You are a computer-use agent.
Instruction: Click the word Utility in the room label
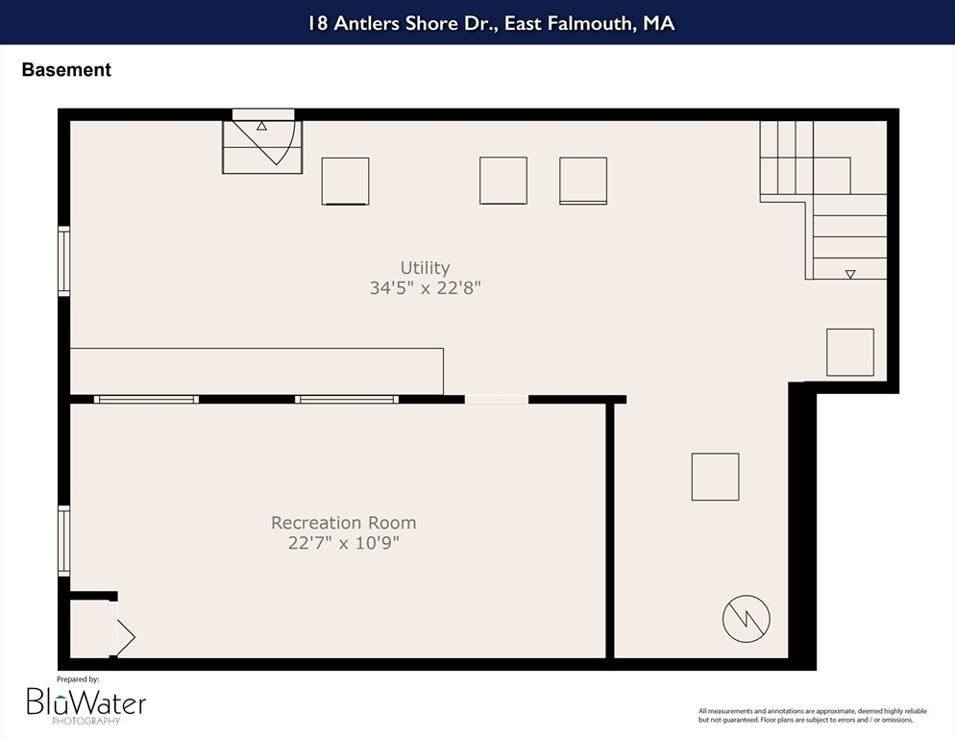(425, 268)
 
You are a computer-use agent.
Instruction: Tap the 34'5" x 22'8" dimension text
(425, 287)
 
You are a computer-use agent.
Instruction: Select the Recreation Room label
(344, 523)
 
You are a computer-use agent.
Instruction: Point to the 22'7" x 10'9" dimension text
(344, 542)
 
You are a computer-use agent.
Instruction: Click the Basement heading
(66, 69)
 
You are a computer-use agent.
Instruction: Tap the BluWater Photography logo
(86, 705)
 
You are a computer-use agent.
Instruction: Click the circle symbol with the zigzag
(747, 619)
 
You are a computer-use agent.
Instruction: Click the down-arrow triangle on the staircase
(850, 274)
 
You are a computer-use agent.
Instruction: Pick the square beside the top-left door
(345, 181)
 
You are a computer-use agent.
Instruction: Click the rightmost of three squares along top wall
(583, 181)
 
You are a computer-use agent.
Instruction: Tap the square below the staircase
(850, 353)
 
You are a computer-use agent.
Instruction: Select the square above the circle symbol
(715, 477)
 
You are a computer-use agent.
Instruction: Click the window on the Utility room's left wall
(64, 261)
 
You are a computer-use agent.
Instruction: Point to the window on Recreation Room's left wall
(64, 541)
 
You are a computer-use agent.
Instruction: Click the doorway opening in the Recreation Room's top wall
(497, 400)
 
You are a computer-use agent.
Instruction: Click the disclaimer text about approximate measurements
(813, 716)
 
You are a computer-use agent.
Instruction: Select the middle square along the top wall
(503, 181)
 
